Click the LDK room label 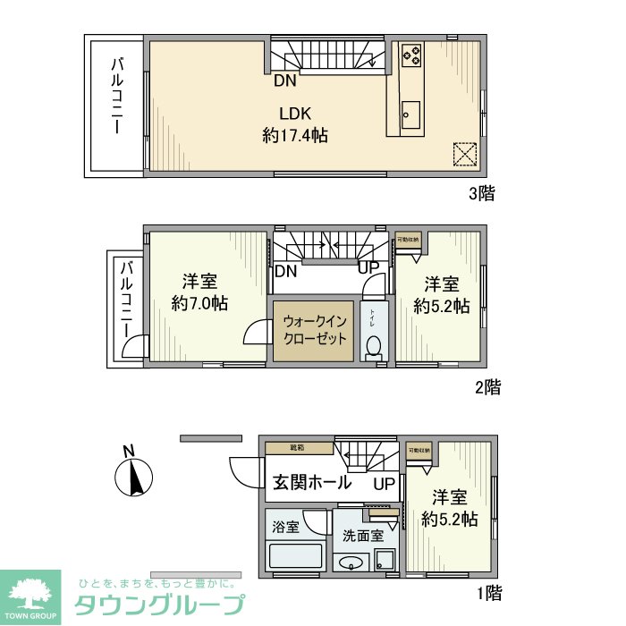click(x=294, y=114)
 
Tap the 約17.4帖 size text click(x=294, y=136)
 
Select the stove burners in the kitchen click(x=411, y=55)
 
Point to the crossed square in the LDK click(x=465, y=155)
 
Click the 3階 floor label click(x=481, y=192)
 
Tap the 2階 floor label click(x=487, y=387)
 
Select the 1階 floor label click(x=488, y=592)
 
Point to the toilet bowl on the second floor click(x=375, y=344)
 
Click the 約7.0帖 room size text click(x=199, y=304)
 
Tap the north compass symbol click(x=134, y=476)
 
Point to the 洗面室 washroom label click(x=363, y=537)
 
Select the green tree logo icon click(x=30, y=593)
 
